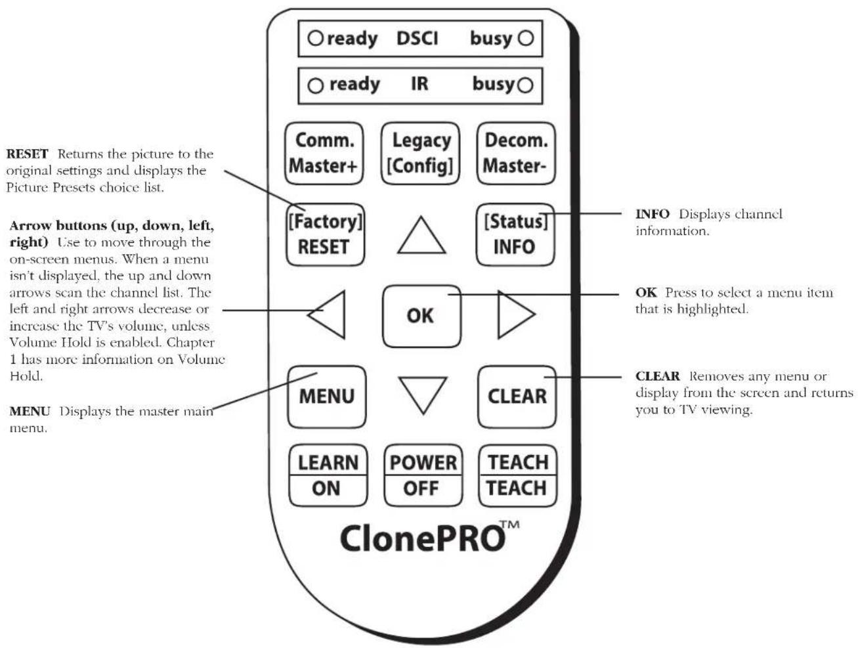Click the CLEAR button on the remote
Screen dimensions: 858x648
point(517,397)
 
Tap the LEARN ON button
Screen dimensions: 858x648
point(328,475)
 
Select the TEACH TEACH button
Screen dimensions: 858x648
point(517,475)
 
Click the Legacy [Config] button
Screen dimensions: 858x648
point(420,153)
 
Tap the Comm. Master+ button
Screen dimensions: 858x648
point(324,153)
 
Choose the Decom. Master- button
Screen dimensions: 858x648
point(516,153)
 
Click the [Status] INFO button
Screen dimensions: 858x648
point(515,234)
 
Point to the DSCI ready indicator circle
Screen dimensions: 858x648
point(315,38)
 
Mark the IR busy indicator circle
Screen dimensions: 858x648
point(525,85)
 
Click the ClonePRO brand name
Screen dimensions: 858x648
point(423,538)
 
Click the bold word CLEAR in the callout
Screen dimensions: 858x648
point(658,376)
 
